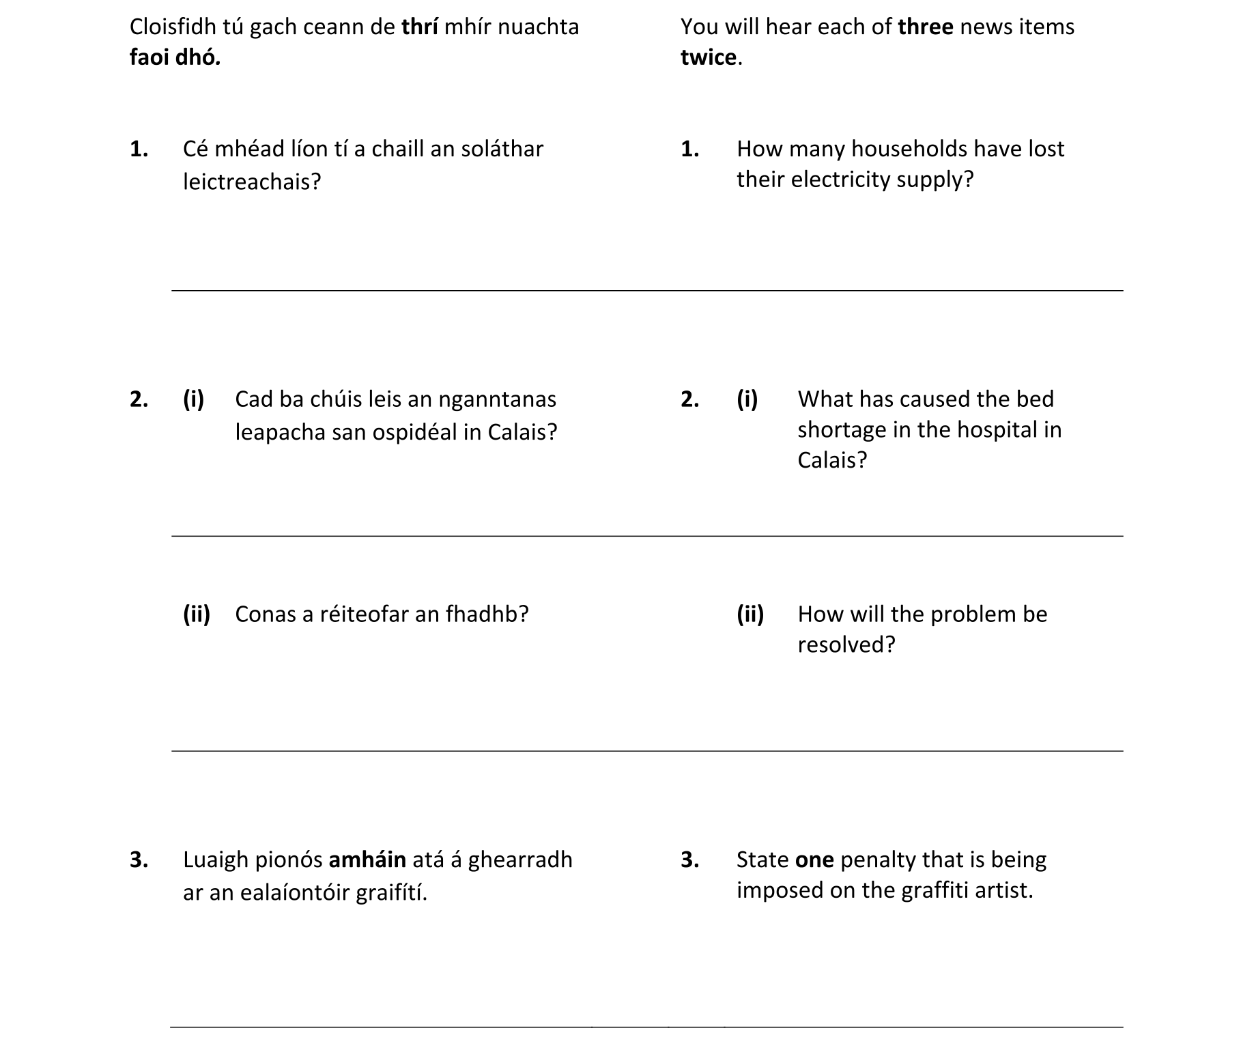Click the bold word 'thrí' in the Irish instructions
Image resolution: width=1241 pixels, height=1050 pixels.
tap(419, 27)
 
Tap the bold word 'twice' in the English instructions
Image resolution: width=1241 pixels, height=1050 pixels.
tap(709, 58)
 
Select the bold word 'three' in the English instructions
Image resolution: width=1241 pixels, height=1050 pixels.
tap(926, 27)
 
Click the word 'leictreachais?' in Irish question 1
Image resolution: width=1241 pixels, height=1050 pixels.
tap(251, 182)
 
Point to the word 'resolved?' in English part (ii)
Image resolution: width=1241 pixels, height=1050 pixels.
tap(846, 645)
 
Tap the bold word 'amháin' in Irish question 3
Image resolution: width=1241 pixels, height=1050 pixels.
tap(367, 860)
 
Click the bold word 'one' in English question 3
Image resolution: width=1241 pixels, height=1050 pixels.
tap(814, 860)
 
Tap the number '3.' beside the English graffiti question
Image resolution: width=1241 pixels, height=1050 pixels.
tap(689, 860)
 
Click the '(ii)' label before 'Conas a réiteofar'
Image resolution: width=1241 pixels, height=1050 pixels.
tap(196, 614)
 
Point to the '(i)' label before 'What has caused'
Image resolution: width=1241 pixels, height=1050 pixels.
tap(747, 399)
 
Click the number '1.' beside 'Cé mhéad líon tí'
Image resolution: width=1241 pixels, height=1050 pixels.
tap(139, 149)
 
